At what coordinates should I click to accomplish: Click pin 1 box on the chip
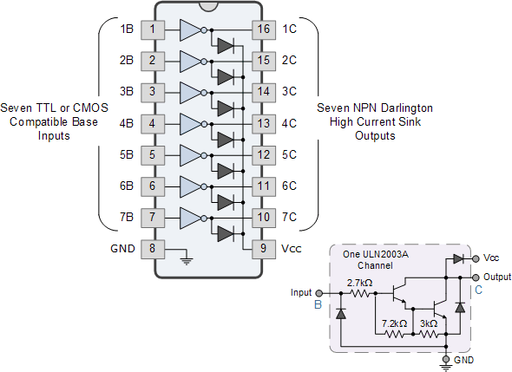[153, 30]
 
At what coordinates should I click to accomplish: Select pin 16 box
[264, 30]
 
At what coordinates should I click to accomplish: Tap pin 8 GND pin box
[153, 250]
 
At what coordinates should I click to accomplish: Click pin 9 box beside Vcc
[264, 250]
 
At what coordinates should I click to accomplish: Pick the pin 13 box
[264, 124]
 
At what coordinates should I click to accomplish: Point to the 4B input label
[127, 124]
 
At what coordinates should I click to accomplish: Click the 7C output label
[289, 217]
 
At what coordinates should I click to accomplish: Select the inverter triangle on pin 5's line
[190, 156]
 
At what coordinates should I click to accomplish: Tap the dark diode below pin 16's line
[226, 46]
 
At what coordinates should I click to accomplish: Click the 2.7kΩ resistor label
[359, 283]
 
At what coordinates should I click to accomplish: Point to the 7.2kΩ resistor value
[395, 323]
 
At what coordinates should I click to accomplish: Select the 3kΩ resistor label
[429, 323]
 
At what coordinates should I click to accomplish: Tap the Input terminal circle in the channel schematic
[319, 293]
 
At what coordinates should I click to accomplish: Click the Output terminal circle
[476, 277]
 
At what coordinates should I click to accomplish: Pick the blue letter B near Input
[318, 304]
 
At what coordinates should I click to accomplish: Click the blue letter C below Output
[478, 290]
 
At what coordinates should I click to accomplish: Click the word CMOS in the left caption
[90, 108]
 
